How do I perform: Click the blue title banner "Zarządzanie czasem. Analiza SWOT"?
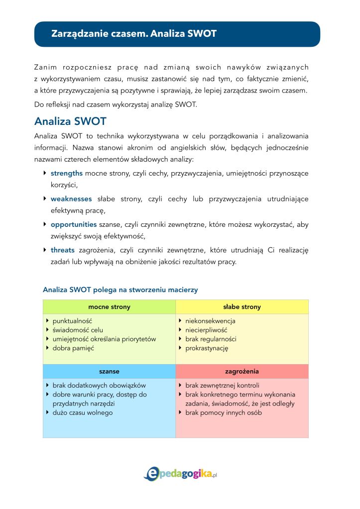[177, 34]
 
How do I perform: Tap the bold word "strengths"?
[67, 173]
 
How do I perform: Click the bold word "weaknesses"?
[71, 199]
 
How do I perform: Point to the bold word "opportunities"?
[74, 225]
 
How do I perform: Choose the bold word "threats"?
[63, 250]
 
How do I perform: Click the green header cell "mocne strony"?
[109, 307]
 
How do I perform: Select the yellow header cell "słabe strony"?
[242, 307]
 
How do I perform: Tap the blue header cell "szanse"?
[109, 372]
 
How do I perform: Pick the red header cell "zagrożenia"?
[242, 372]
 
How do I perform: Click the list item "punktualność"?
[72, 321]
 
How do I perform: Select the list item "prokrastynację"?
[207, 348]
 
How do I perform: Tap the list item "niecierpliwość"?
[206, 330]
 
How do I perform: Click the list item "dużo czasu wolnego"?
[83, 413]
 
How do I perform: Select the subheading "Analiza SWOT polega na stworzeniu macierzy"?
[120, 290]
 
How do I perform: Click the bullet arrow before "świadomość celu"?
[47, 330]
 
